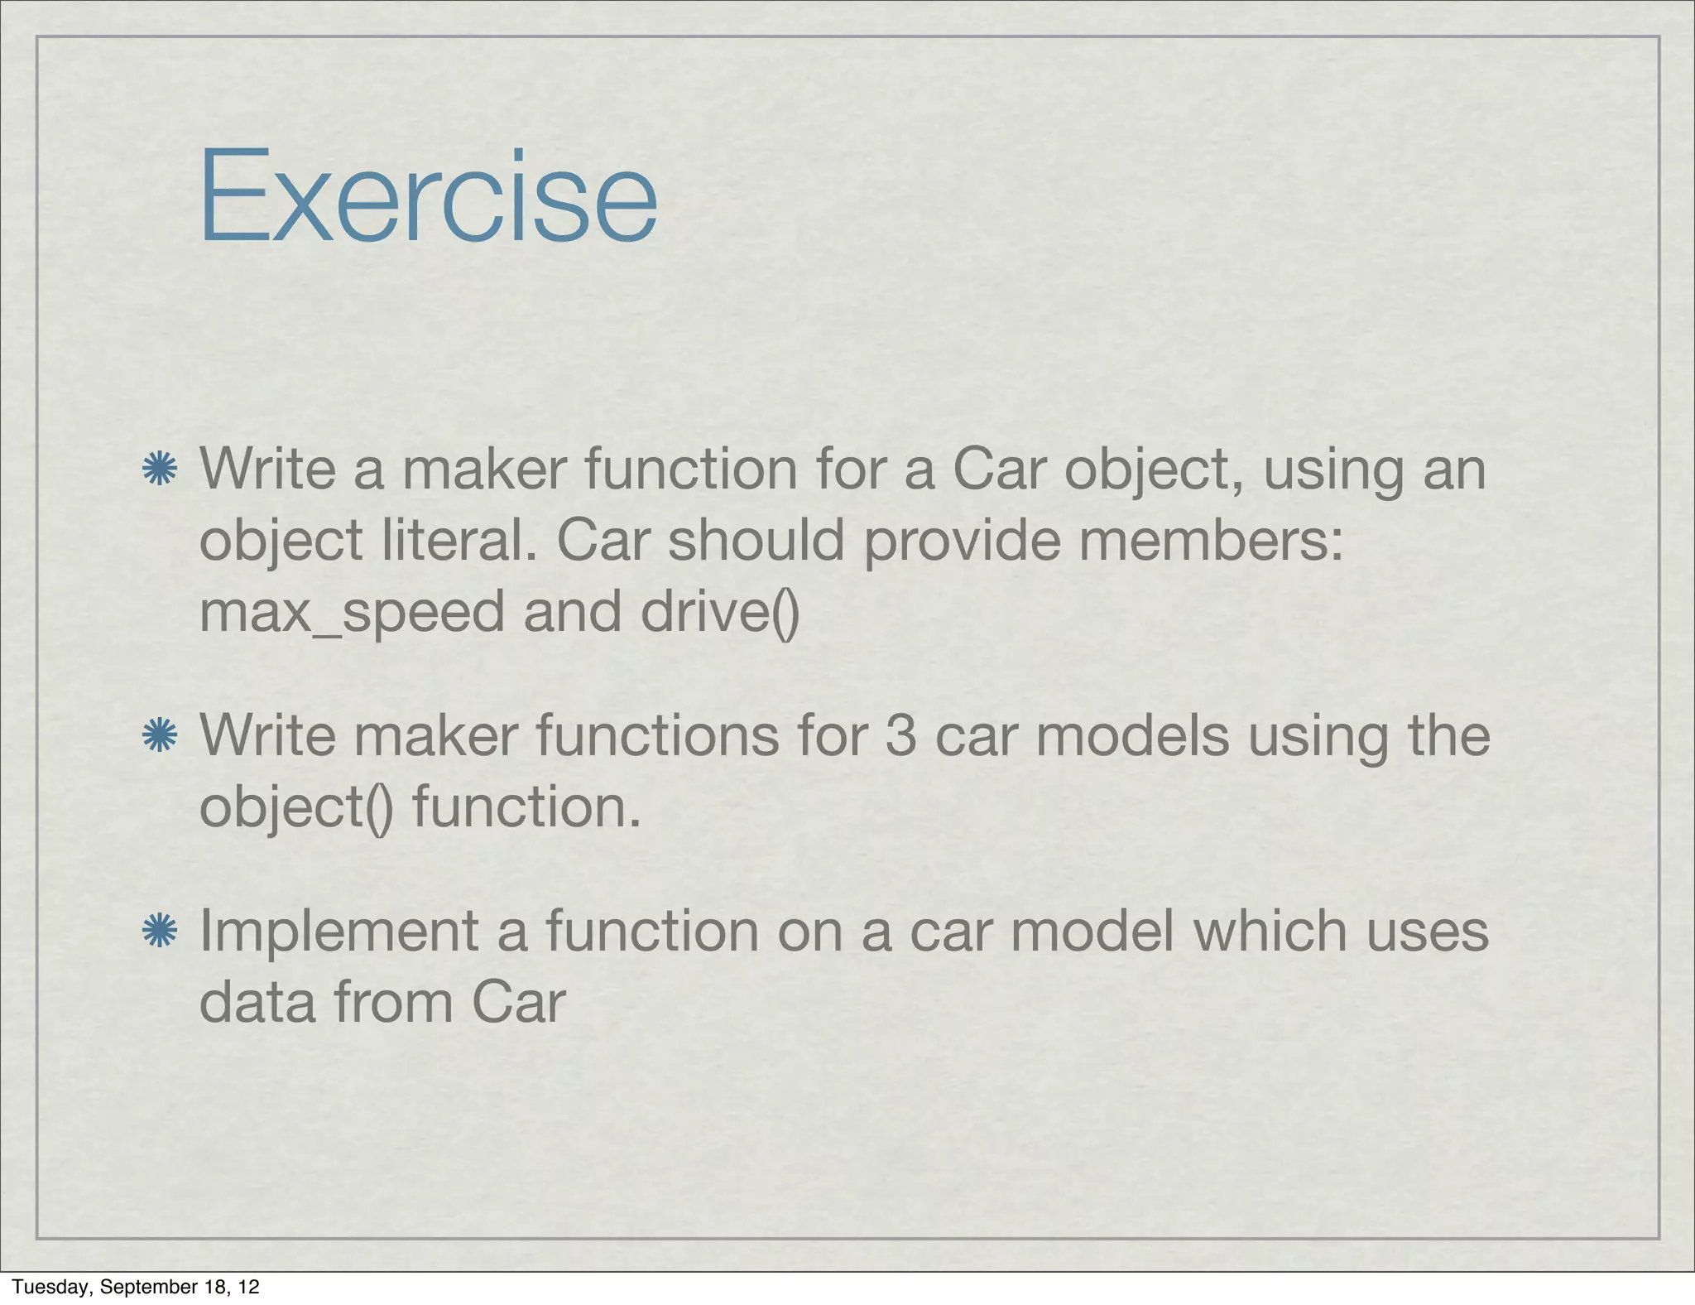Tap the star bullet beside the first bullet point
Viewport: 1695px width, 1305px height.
click(x=159, y=469)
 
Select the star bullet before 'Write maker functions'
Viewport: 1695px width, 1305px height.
click(x=159, y=735)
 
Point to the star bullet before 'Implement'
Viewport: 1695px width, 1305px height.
click(x=159, y=931)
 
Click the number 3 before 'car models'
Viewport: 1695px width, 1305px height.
click(x=900, y=735)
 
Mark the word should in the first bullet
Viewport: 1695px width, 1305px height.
click(x=756, y=540)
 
